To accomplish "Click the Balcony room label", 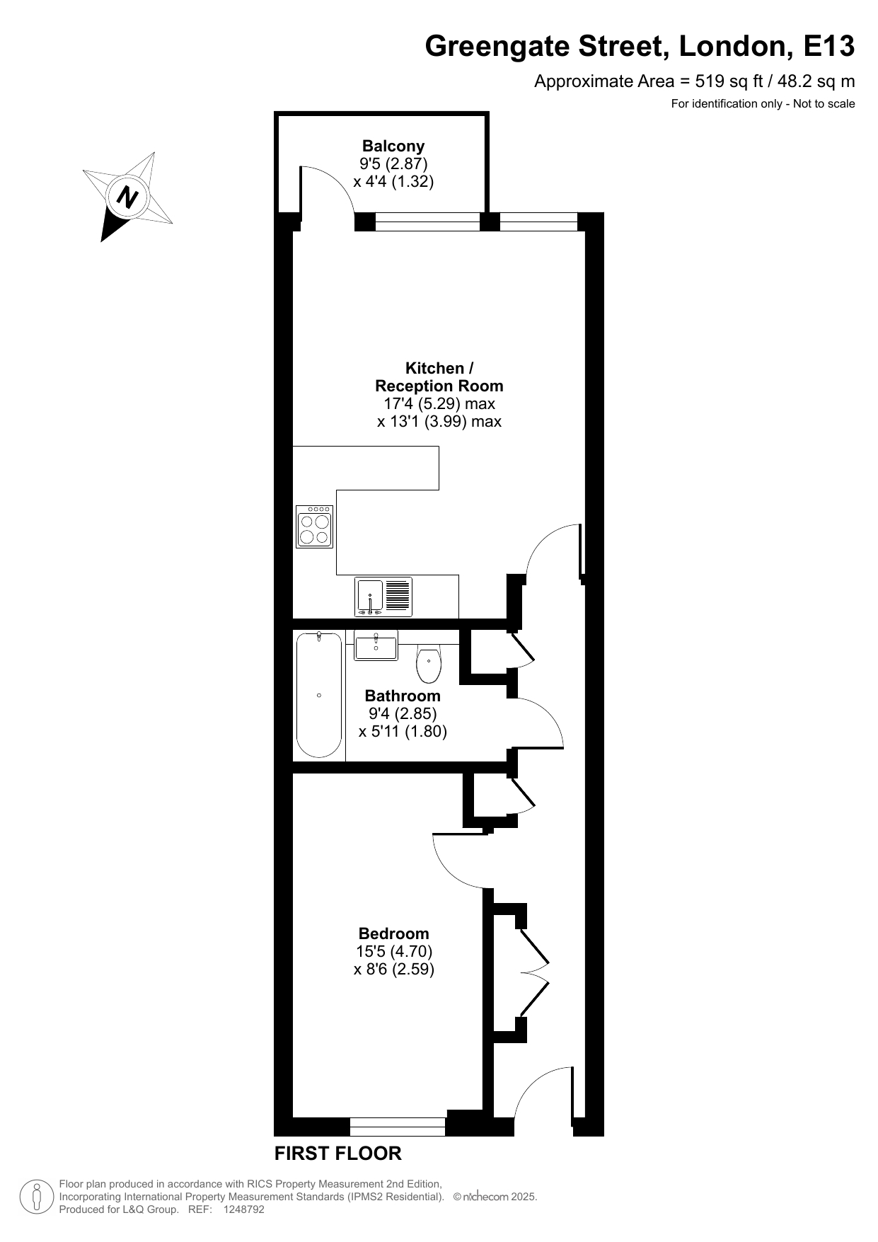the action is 393,146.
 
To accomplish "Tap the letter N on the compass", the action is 127,196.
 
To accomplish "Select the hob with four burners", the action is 315,527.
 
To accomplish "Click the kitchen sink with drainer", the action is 383,597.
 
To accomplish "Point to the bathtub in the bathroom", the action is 319,695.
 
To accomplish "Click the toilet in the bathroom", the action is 429,663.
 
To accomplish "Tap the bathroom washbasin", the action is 376,645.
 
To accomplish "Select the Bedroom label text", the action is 393,933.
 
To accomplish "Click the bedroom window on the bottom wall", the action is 398,1126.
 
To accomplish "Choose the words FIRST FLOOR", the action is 337,1154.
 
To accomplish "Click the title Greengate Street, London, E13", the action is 640,47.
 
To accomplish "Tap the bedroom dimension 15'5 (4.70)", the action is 394,951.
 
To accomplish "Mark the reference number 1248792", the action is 243,1209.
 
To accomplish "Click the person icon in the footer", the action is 36,1197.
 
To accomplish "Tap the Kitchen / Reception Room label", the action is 439,377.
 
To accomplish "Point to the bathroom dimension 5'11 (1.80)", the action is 403,732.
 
